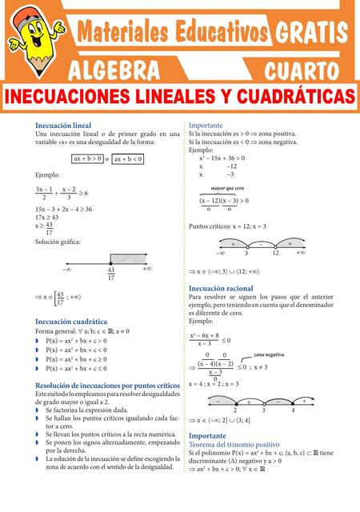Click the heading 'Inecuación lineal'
click(63, 126)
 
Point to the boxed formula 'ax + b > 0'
click(87, 159)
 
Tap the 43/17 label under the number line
click(110, 274)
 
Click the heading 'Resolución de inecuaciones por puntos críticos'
click(108, 385)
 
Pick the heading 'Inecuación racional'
click(221, 287)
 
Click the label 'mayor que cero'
click(227, 187)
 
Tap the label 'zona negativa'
click(269, 354)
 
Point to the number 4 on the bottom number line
click(293, 410)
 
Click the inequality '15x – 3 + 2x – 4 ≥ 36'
click(72, 209)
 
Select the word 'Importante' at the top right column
click(207, 126)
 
